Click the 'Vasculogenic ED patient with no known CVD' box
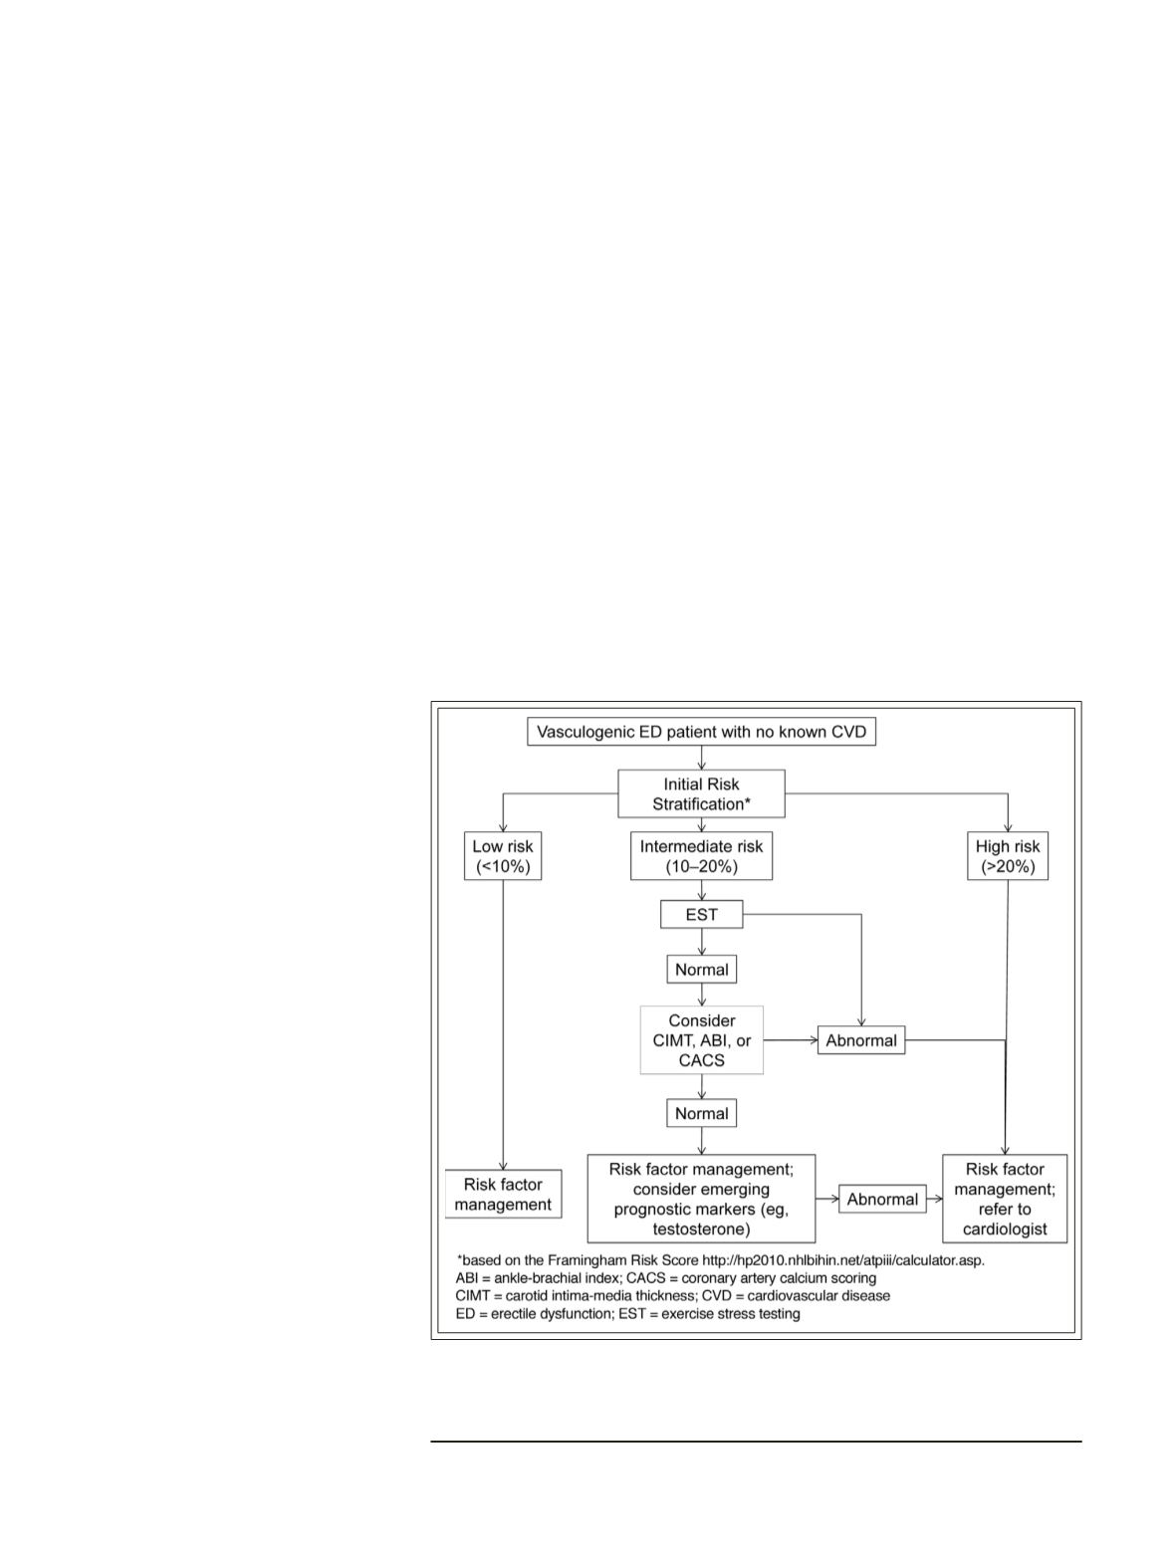(x=701, y=732)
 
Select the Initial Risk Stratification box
(x=701, y=793)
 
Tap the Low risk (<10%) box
(x=502, y=856)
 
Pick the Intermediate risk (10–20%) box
(x=701, y=856)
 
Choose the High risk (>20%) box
(x=1008, y=856)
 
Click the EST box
(x=701, y=914)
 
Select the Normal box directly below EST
(x=701, y=970)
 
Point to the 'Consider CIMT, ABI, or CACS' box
(x=701, y=1040)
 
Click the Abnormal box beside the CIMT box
(x=861, y=1040)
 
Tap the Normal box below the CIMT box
(x=701, y=1113)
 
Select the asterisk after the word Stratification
(x=748, y=801)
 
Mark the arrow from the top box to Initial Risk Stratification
(x=701, y=758)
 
